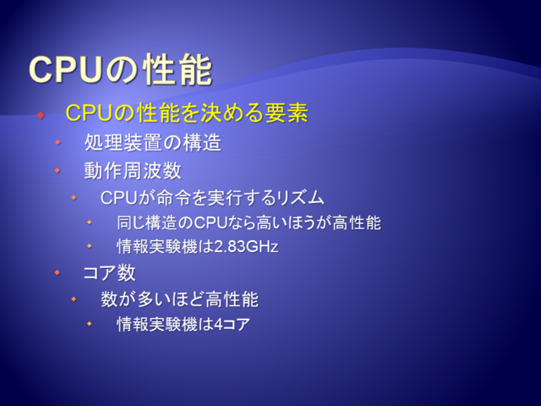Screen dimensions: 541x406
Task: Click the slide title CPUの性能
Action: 120,69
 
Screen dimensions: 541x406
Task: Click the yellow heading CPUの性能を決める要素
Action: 187,112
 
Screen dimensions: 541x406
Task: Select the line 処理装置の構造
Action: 152,143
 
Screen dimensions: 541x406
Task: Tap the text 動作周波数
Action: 133,171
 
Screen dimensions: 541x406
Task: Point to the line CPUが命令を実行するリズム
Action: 212,198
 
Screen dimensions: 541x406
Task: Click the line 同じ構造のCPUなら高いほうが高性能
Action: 249,222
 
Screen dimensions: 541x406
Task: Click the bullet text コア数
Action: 109,272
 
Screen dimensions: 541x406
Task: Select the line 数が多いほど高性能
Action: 179,299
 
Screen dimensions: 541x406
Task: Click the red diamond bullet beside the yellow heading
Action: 41,115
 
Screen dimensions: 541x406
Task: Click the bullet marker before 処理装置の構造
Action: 57,142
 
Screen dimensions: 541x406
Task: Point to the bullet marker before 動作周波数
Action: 57,170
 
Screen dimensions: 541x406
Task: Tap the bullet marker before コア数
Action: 57,272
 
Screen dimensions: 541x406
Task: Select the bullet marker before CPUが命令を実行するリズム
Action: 74,198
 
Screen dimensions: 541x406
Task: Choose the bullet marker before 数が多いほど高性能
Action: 74,299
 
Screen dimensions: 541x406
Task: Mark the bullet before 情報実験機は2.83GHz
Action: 90,246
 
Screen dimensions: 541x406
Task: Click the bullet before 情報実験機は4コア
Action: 90,324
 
